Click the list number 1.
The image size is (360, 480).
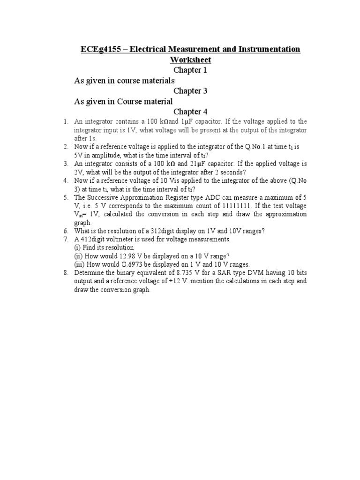(x=66, y=122)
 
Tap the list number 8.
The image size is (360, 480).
(x=66, y=273)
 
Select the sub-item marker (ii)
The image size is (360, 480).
(x=78, y=256)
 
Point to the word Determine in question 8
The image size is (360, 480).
(x=90, y=273)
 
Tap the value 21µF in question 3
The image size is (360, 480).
(x=202, y=164)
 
